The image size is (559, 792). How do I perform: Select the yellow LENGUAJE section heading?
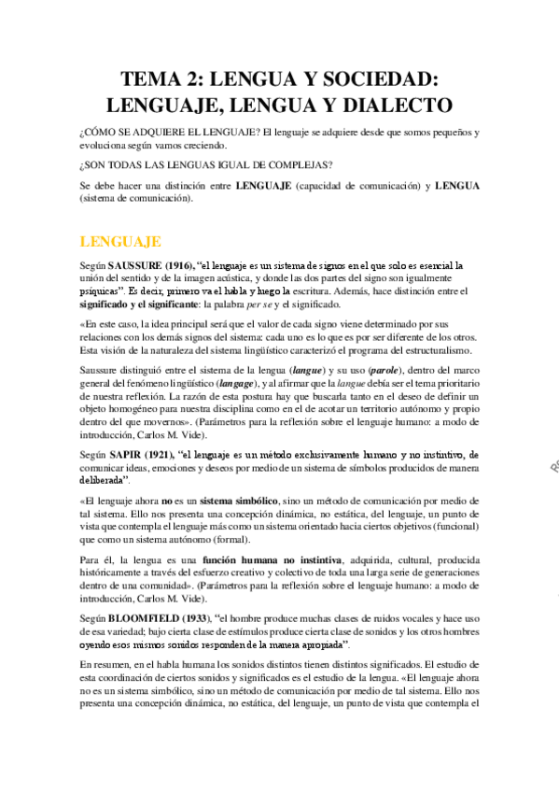(121, 242)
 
